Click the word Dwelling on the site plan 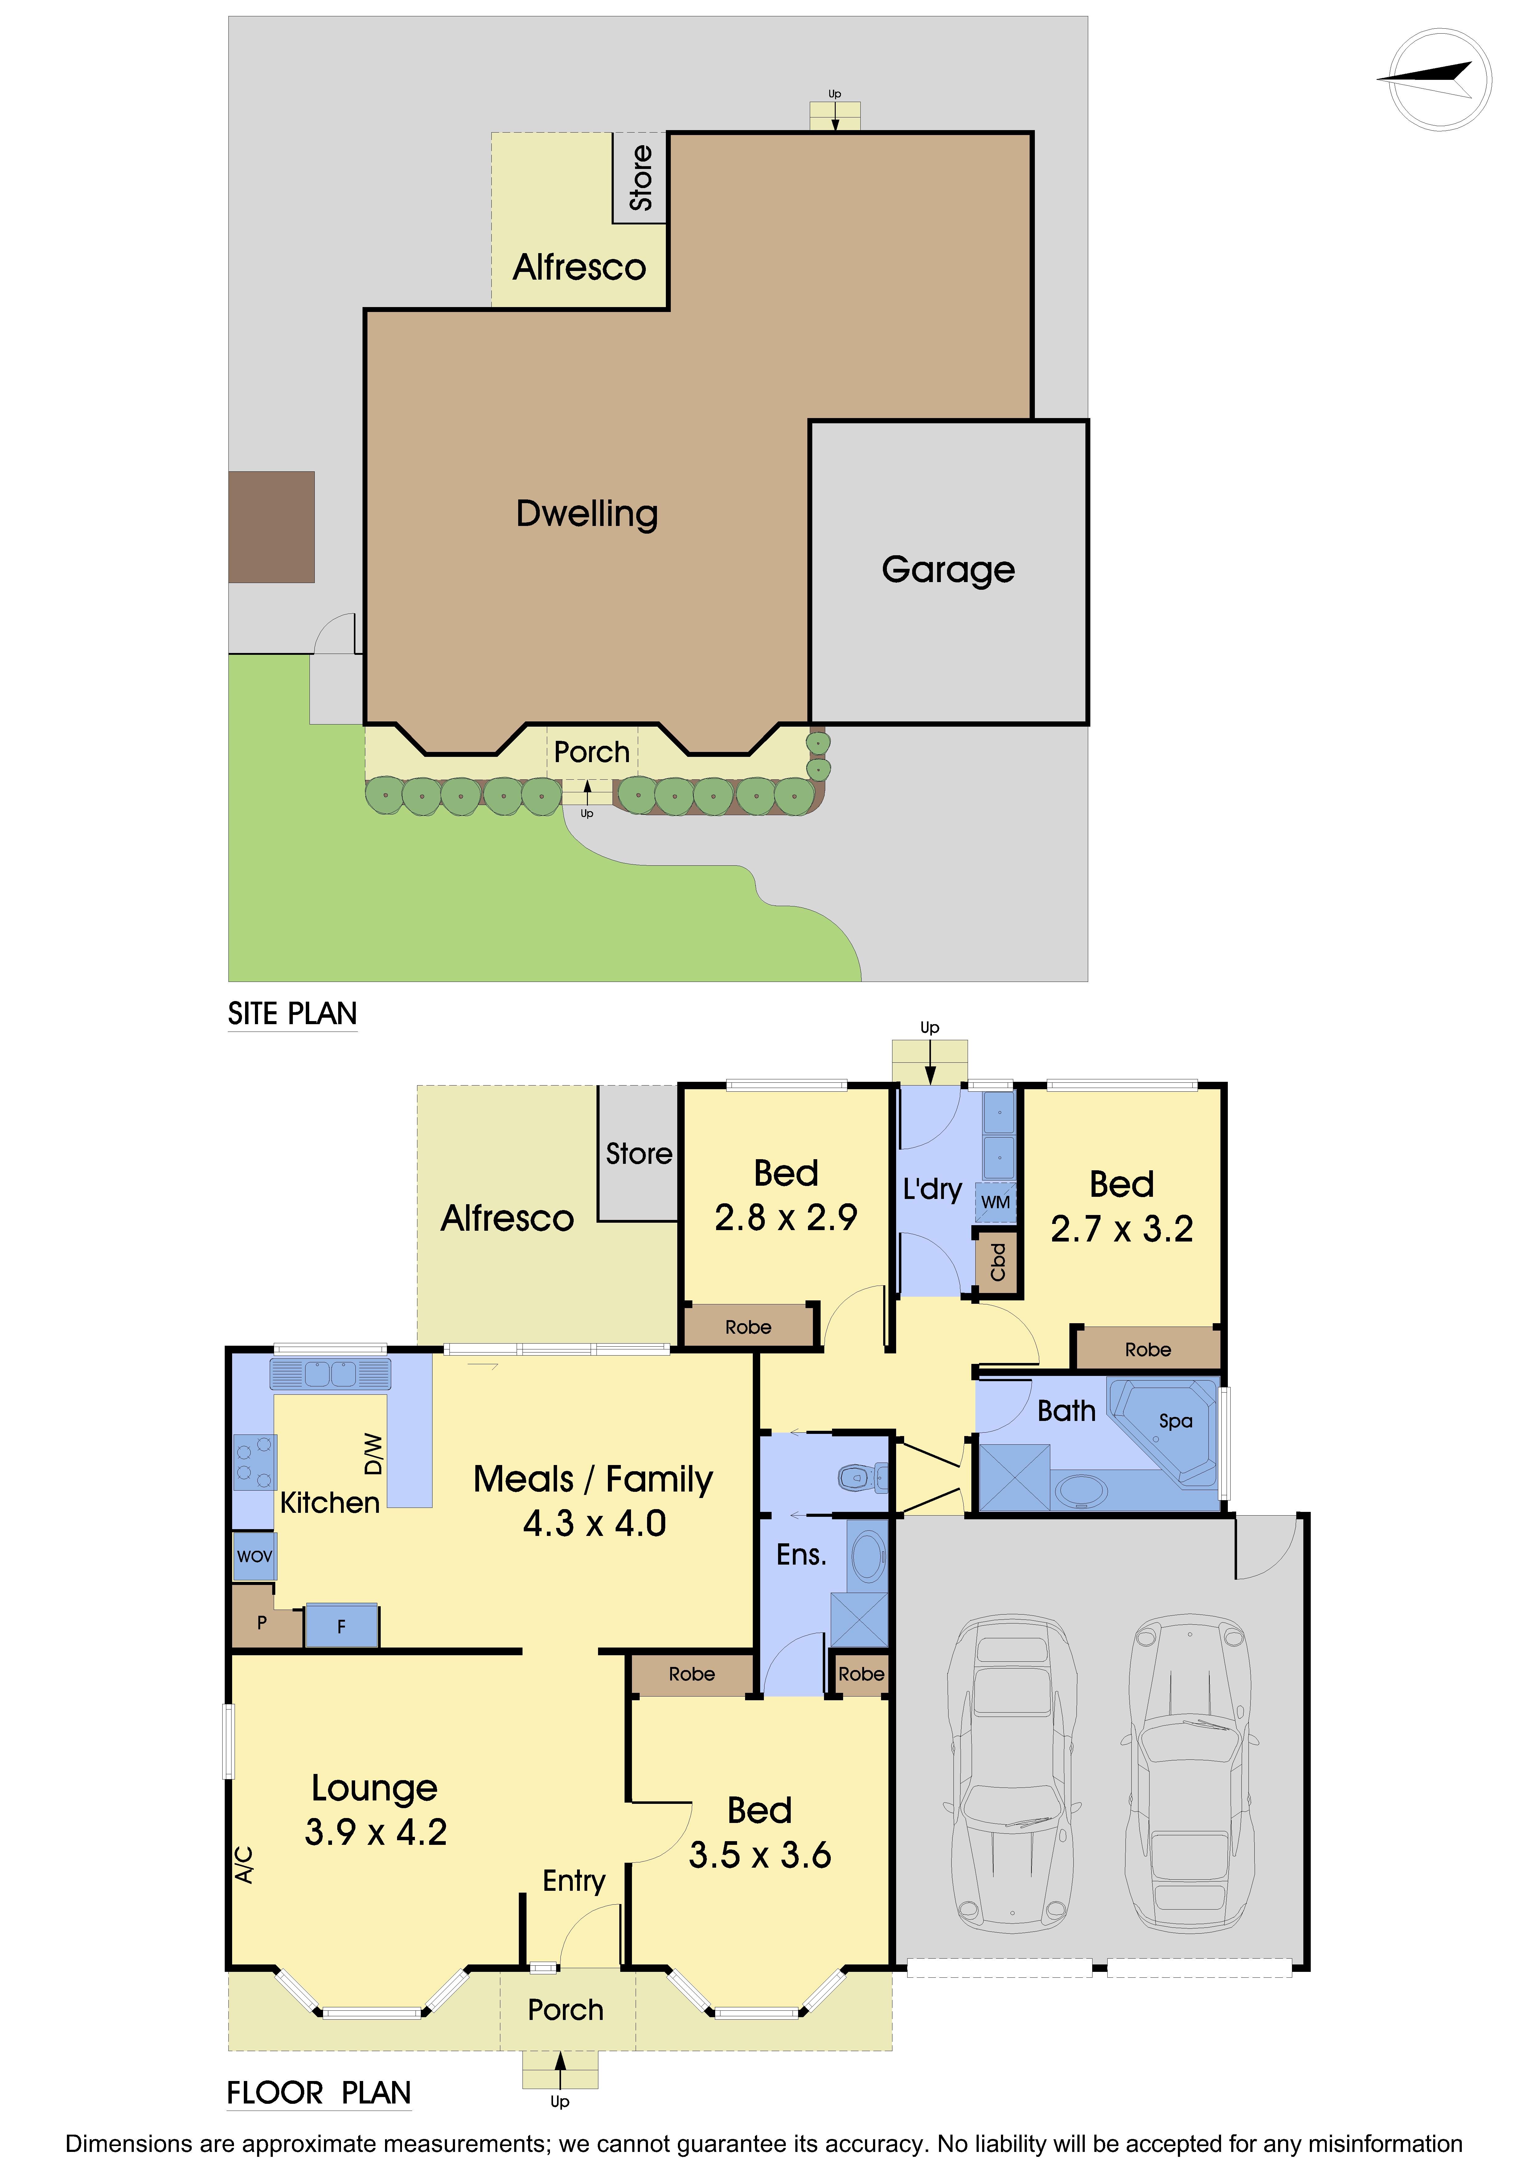click(x=587, y=514)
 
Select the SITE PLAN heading click(x=292, y=1014)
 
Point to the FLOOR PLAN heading click(x=318, y=2092)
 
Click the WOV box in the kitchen click(x=254, y=1556)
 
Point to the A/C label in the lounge click(x=244, y=1864)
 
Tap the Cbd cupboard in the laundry click(x=997, y=1262)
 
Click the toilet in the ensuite click(x=862, y=1477)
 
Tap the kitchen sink click(x=331, y=1374)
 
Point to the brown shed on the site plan click(x=271, y=527)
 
